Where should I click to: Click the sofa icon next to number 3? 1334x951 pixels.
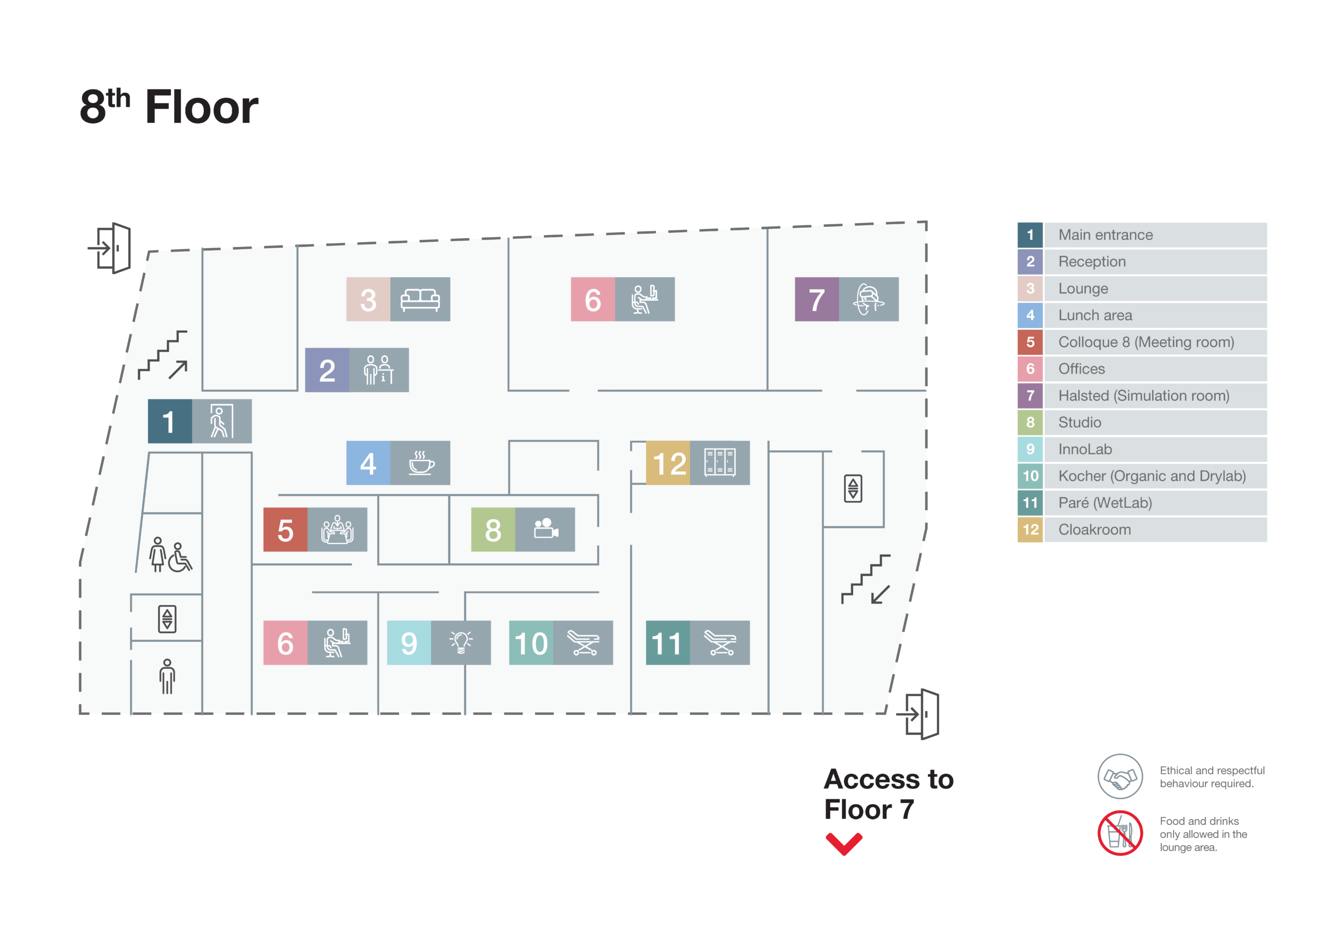click(x=419, y=299)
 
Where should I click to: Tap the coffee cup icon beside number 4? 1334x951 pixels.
click(x=420, y=463)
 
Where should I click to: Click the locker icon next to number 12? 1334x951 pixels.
click(x=719, y=463)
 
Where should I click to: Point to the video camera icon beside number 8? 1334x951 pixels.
click(x=545, y=529)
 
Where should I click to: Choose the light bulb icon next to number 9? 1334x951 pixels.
click(x=460, y=643)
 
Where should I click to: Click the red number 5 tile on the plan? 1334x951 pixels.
click(x=285, y=529)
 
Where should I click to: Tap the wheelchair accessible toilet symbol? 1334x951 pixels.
click(x=179, y=558)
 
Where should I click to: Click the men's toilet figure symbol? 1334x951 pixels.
click(x=167, y=676)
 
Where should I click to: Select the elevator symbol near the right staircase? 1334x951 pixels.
click(x=853, y=488)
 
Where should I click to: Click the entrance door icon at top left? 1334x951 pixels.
click(x=110, y=248)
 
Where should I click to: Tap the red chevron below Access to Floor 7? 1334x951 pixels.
click(x=843, y=844)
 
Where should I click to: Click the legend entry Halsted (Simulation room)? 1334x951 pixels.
click(x=1143, y=396)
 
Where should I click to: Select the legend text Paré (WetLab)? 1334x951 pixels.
click(x=1104, y=503)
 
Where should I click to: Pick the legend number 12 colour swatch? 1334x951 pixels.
click(x=1030, y=529)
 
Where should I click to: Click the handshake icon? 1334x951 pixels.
click(x=1120, y=776)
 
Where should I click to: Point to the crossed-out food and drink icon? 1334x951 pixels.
click(x=1120, y=833)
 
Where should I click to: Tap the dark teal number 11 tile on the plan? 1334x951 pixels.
click(x=667, y=643)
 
